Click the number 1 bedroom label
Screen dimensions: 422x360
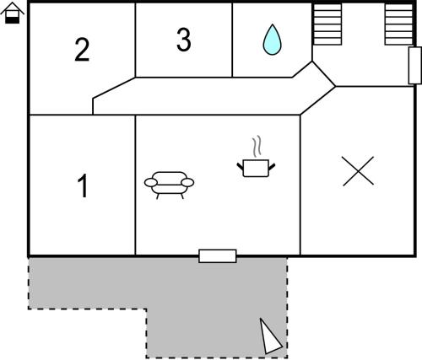pyautogui.click(x=84, y=185)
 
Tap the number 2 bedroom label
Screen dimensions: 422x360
pyautogui.click(x=82, y=50)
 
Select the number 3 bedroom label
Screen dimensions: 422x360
pyautogui.click(x=184, y=40)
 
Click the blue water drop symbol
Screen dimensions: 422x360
pyautogui.click(x=272, y=40)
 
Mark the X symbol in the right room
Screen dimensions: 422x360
pyautogui.click(x=358, y=171)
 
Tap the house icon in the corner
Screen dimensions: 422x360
pyautogui.click(x=13, y=13)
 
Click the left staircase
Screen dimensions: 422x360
pyautogui.click(x=327, y=24)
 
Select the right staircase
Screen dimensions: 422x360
pyautogui.click(x=399, y=24)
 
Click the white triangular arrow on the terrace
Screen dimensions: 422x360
pyautogui.click(x=269, y=336)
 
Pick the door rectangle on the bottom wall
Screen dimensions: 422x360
pyautogui.click(x=218, y=256)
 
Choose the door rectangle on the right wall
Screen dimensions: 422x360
pyautogui.click(x=415, y=66)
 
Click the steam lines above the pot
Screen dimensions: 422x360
pyautogui.click(x=257, y=147)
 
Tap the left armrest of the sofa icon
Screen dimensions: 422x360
pyautogui.click(x=151, y=182)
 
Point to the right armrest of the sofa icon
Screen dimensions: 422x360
pyautogui.click(x=187, y=182)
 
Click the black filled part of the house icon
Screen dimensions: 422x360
pyautogui.click(x=13, y=20)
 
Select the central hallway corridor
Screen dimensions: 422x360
pyautogui.click(x=197, y=96)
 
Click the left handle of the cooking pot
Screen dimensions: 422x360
pyautogui.click(x=240, y=166)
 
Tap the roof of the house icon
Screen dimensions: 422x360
pyautogui.click(x=13, y=7)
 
